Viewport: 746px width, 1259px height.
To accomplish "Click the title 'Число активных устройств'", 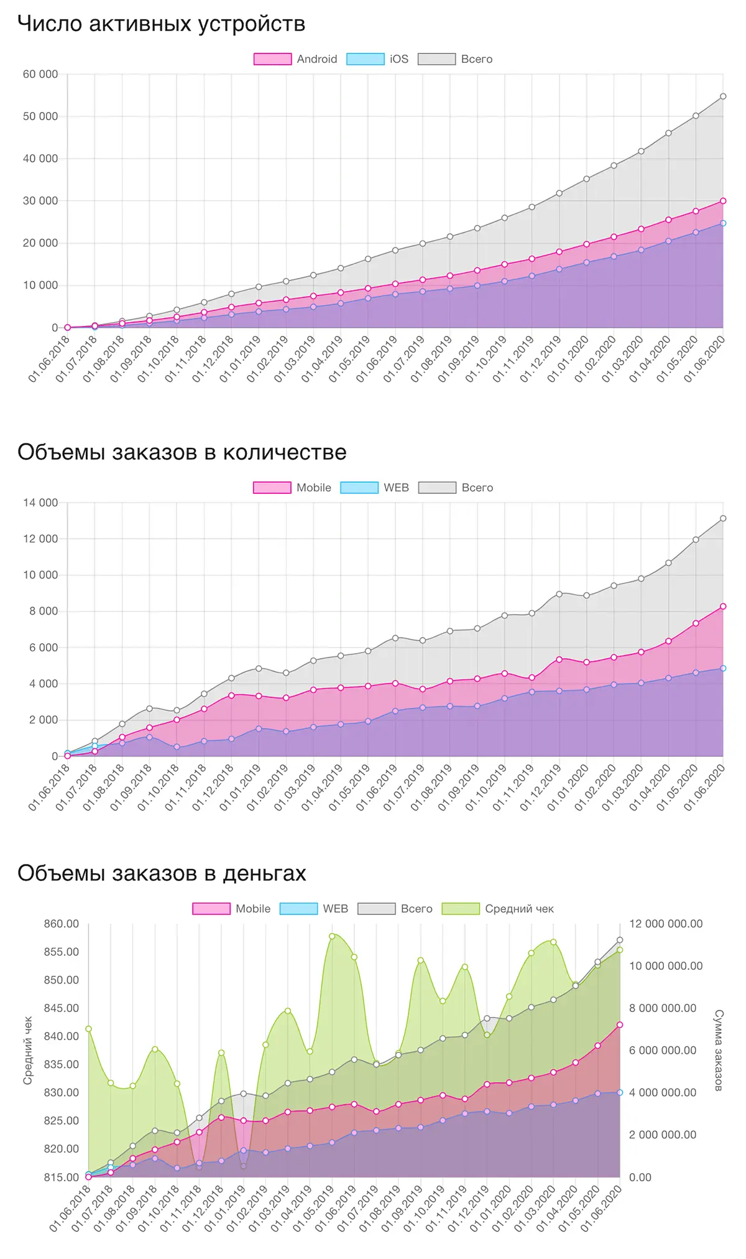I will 161,24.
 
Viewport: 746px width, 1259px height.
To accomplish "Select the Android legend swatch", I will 272,59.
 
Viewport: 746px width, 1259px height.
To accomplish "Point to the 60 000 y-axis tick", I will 40,75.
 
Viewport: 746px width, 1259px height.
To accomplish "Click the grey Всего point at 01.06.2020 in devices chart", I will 723,96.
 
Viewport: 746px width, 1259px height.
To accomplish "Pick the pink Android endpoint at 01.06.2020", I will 723,201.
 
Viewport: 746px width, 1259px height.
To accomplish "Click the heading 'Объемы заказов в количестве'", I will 182,452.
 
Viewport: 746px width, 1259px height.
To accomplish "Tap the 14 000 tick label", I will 40,503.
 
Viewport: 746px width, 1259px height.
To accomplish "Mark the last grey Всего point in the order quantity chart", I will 723,518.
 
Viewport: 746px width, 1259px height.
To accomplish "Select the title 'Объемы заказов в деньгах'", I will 162,873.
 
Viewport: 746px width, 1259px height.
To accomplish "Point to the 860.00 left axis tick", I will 62,924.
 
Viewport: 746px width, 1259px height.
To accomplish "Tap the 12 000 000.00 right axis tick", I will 666,924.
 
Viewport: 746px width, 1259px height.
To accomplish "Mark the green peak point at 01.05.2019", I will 332,936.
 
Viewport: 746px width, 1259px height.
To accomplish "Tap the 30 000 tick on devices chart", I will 40,201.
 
